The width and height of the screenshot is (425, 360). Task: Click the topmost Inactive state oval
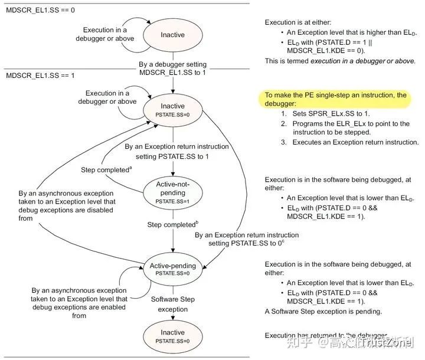pos(172,35)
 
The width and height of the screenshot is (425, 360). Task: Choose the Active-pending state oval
pos(172,269)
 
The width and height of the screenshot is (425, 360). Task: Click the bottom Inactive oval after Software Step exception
pos(172,336)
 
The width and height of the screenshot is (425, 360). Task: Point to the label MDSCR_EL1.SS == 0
pos(32,11)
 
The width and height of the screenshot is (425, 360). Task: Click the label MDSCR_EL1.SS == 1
pos(32,76)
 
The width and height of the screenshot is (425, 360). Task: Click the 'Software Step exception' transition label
pos(172,305)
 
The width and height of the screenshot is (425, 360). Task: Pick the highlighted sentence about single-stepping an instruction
pos(335,99)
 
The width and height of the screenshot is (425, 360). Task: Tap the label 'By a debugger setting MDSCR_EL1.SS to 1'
pos(172,68)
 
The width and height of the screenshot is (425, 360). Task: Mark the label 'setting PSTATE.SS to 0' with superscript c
pos(247,243)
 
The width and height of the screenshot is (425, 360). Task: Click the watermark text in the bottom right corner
pos(367,341)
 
